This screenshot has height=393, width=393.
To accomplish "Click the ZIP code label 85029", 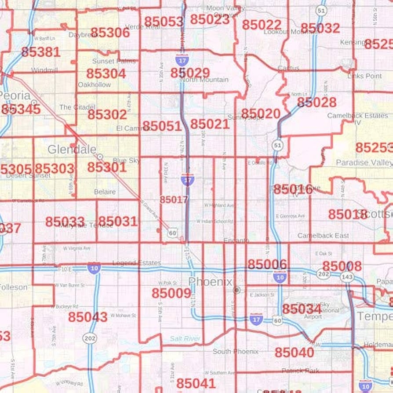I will pyautogui.click(x=190, y=73).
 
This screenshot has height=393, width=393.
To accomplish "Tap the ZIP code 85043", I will pyautogui.click(x=87, y=317).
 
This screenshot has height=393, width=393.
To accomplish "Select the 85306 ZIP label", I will pyautogui.click(x=110, y=33).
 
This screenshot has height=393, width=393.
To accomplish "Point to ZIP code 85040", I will pyautogui.click(x=295, y=352).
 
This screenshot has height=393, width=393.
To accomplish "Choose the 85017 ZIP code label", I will pyautogui.click(x=174, y=200).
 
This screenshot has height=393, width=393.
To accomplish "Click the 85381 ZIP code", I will pyautogui.click(x=40, y=52).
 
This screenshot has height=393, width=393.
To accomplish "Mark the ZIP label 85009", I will pyautogui.click(x=171, y=293).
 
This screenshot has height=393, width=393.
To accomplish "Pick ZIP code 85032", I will pyautogui.click(x=320, y=28).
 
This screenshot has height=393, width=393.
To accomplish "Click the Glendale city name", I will pyautogui.click(x=72, y=149).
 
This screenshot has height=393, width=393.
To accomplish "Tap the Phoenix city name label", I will pyautogui.click(x=210, y=281).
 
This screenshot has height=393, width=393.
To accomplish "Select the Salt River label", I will pyautogui.click(x=185, y=338).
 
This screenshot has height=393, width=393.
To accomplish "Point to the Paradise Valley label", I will pyautogui.click(x=364, y=163).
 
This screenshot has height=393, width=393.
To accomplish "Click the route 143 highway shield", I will pyautogui.click(x=347, y=277).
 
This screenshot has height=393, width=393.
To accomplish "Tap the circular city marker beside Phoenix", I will pyautogui.click(x=237, y=290).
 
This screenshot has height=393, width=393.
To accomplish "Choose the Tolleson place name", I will pyautogui.click(x=13, y=287).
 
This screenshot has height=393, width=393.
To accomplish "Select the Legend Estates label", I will pyautogui.click(x=136, y=263).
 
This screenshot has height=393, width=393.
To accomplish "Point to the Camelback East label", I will pyautogui.click(x=323, y=236).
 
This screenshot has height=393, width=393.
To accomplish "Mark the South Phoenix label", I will pyautogui.click(x=235, y=351).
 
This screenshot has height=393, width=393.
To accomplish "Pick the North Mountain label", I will pyautogui.click(x=204, y=80).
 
